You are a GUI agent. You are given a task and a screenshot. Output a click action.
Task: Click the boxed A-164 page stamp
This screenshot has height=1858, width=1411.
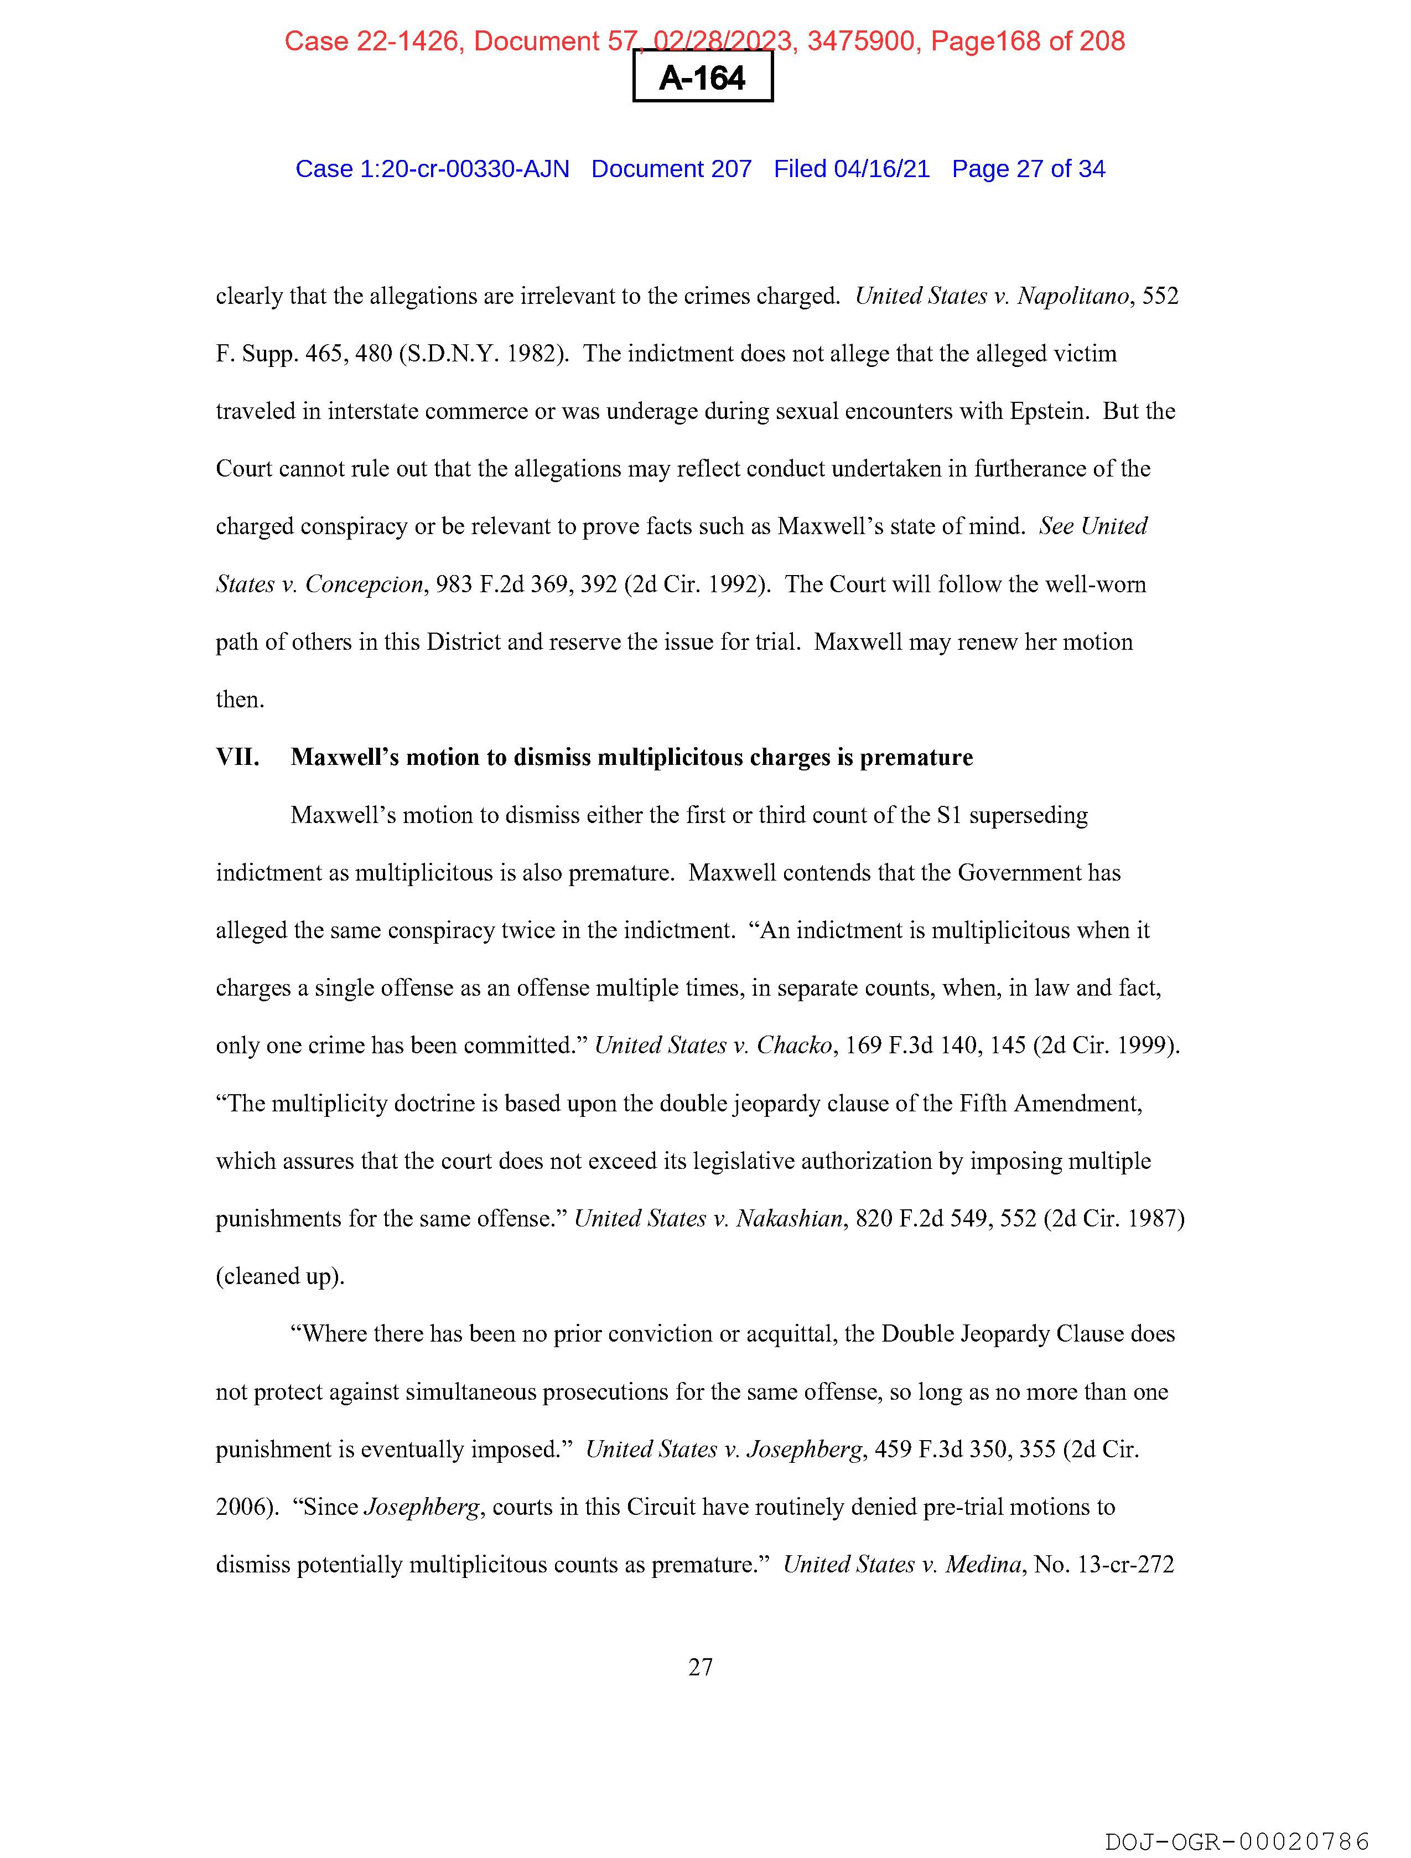click(702, 77)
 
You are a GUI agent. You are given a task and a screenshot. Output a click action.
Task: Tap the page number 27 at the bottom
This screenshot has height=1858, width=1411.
click(701, 1666)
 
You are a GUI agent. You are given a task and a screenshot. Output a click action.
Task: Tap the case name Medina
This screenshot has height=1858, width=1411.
click(983, 1564)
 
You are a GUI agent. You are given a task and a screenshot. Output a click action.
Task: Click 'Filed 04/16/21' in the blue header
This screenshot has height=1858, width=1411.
click(851, 169)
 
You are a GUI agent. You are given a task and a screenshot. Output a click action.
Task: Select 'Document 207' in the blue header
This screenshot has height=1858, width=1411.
click(671, 169)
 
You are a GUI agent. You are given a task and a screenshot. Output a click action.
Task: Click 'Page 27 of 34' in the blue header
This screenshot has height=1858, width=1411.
click(1028, 169)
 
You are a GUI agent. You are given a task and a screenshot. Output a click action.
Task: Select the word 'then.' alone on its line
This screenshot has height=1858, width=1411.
click(240, 700)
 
